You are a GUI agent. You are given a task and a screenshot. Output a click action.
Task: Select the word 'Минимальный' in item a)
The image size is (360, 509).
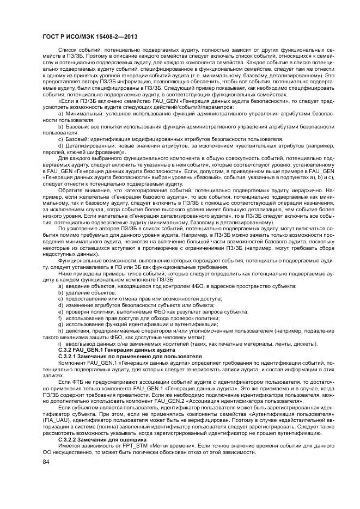point(82,113)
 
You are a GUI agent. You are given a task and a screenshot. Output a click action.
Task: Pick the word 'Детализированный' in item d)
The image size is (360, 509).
point(88,146)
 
